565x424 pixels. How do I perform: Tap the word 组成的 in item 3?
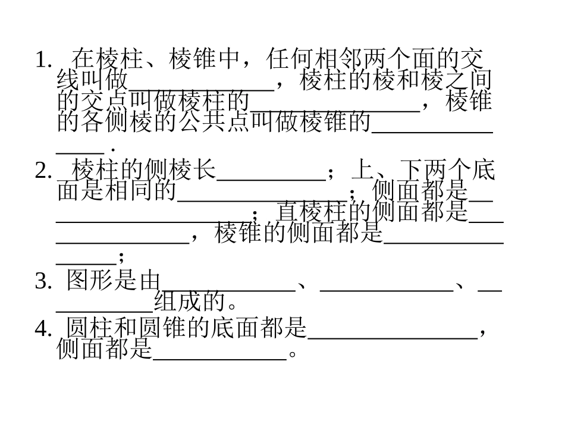pos(190,302)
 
